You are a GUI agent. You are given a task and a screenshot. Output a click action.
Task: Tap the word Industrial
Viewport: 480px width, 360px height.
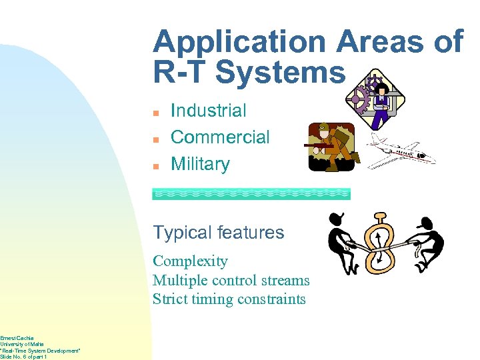[x=208, y=111]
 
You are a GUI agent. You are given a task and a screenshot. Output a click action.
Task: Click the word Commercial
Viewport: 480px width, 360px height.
[x=220, y=137]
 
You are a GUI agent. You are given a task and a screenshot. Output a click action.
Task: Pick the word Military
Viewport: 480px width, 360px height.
[x=200, y=164]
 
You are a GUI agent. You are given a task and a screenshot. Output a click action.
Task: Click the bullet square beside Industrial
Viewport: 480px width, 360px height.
[x=155, y=112]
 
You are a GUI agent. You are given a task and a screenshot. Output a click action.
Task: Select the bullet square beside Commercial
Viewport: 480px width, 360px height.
[x=155, y=139]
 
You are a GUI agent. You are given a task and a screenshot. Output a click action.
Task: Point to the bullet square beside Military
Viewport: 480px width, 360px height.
[x=155, y=165]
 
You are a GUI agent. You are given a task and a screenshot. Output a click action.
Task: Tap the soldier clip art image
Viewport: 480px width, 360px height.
[x=331, y=147]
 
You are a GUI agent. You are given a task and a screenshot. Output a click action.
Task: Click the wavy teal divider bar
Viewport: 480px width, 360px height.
[x=251, y=194]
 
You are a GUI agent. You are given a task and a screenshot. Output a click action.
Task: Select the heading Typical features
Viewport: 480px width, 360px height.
[x=218, y=233]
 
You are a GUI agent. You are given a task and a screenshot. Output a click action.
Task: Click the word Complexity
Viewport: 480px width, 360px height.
[x=190, y=261]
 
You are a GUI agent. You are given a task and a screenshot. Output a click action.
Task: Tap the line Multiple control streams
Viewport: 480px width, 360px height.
[x=231, y=281]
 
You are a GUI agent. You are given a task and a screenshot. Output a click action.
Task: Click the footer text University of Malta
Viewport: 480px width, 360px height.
[x=20, y=345]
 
